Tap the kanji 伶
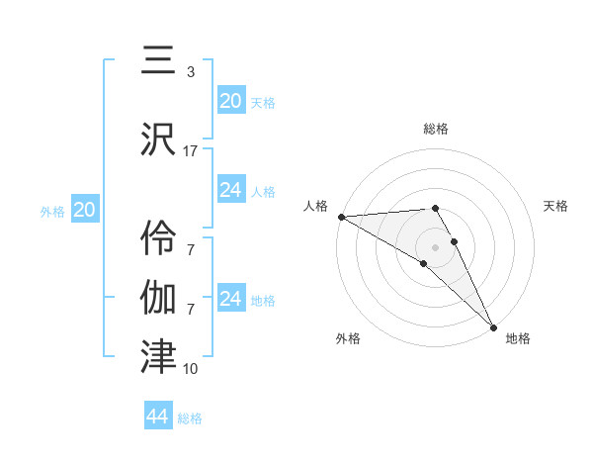[x=159, y=234]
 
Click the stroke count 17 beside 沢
[x=191, y=151]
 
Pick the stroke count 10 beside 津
[x=191, y=369]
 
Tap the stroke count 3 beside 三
[x=190, y=72]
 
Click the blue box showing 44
[x=158, y=417]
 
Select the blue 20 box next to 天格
[x=230, y=100]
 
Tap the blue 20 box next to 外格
[x=85, y=209]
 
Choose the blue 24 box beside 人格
[x=230, y=190]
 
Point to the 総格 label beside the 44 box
[x=190, y=418]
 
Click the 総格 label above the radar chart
[x=436, y=129]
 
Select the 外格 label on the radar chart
[x=348, y=339]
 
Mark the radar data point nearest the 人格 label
[x=341, y=217]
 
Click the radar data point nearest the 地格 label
[x=493, y=326]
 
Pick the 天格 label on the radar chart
[x=555, y=206]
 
